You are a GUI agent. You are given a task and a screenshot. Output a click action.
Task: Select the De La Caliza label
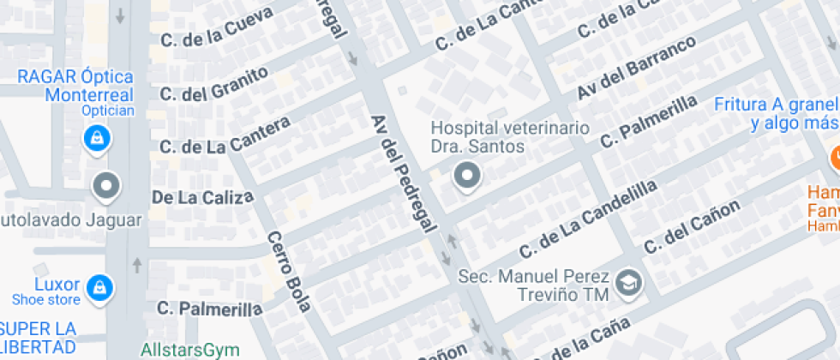[203, 197]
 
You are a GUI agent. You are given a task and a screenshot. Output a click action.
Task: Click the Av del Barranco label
[636, 68]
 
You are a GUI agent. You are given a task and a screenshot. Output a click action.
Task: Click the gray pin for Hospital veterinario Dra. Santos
[467, 177]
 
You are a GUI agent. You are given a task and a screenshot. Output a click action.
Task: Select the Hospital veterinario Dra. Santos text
[510, 137]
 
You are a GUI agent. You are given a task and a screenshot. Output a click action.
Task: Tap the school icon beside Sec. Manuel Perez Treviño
[630, 284]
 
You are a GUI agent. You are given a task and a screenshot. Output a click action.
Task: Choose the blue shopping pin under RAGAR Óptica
[96, 137]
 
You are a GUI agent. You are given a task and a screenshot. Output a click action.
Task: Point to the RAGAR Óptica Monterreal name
[76, 87]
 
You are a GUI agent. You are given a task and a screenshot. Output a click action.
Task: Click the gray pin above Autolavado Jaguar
[106, 184]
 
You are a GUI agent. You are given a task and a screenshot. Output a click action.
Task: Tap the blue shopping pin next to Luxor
[100, 287]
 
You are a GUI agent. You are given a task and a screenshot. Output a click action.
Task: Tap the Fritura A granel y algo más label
[776, 113]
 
